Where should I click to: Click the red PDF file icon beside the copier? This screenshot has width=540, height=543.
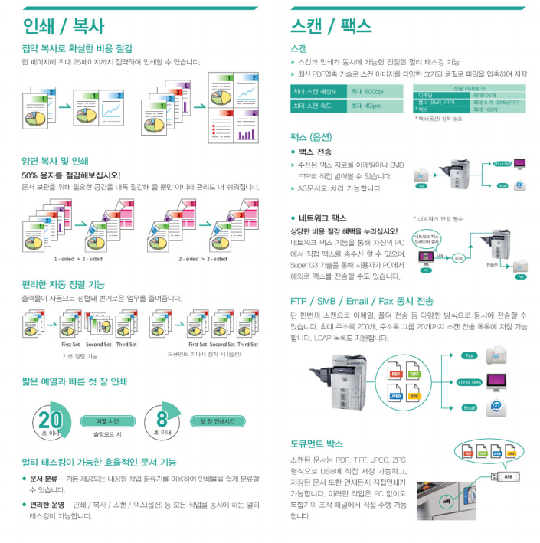pyautogui.click(x=396, y=375)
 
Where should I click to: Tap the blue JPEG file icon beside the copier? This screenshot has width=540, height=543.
pyautogui.click(x=396, y=395)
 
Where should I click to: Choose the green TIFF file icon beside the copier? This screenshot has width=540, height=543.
pyautogui.click(x=414, y=375)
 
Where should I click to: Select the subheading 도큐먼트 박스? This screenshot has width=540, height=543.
pyautogui.click(x=316, y=443)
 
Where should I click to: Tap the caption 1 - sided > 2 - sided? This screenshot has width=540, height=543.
pyautogui.click(x=77, y=258)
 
